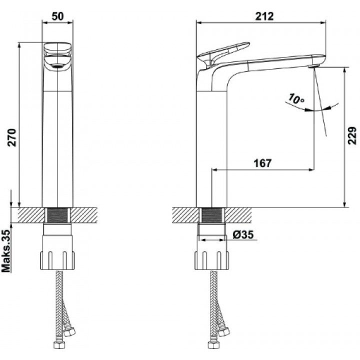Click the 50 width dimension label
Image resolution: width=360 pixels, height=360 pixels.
(57, 16)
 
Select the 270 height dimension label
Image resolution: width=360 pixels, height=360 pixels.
(11, 137)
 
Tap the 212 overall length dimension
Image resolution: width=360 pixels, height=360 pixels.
(264, 16)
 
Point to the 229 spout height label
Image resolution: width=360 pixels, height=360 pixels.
(351, 135)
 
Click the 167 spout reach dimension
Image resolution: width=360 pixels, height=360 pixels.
(262, 163)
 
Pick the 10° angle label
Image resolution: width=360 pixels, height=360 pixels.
(296, 99)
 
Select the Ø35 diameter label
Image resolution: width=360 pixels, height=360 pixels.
(243, 234)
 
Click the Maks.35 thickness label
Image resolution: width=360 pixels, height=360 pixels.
(6, 250)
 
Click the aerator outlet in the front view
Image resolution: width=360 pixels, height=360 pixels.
(57, 66)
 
